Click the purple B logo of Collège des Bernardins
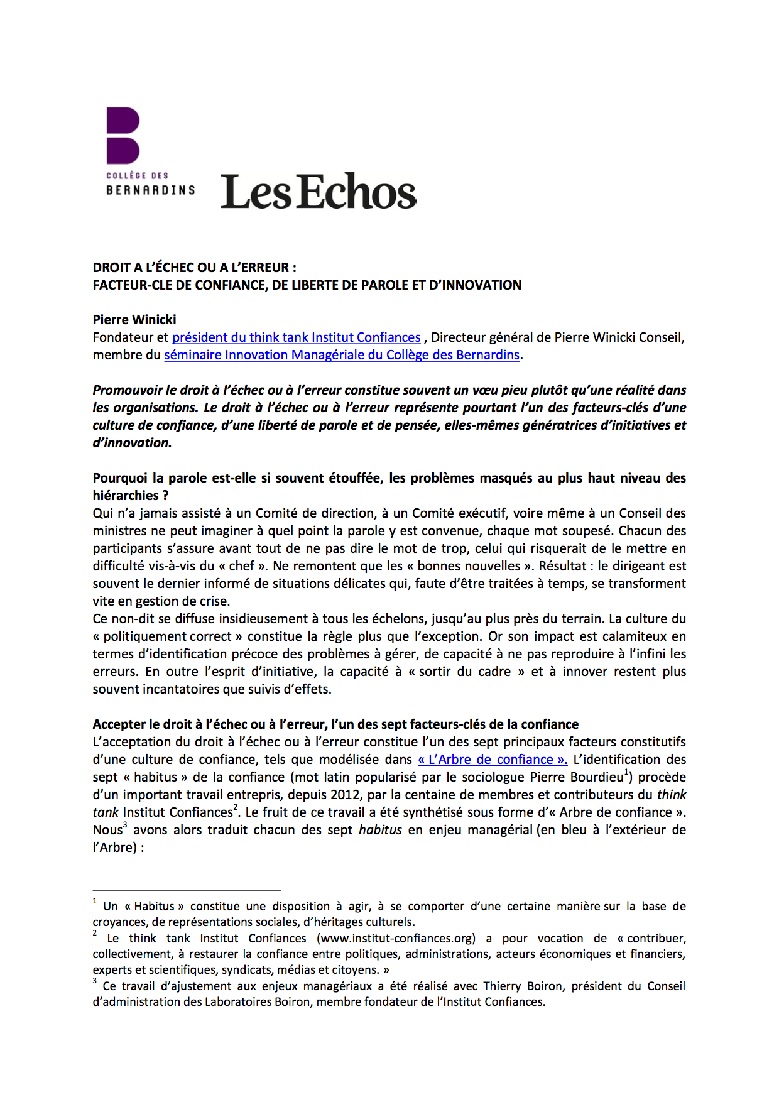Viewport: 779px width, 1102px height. click(123, 135)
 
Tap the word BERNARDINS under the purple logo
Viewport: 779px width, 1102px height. click(151, 190)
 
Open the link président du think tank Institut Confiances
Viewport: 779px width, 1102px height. click(296, 337)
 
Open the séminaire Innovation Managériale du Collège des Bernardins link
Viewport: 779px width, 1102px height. click(342, 355)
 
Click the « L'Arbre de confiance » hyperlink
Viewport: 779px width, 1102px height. click(493, 760)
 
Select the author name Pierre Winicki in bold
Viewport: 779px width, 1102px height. click(134, 320)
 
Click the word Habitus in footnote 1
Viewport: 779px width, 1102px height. click(155, 907)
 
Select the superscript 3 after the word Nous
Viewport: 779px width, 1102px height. click(125, 825)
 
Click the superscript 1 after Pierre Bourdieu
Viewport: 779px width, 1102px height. click(626, 772)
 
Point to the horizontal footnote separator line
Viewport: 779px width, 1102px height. click(187, 890)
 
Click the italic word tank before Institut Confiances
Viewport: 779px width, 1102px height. click(106, 812)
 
